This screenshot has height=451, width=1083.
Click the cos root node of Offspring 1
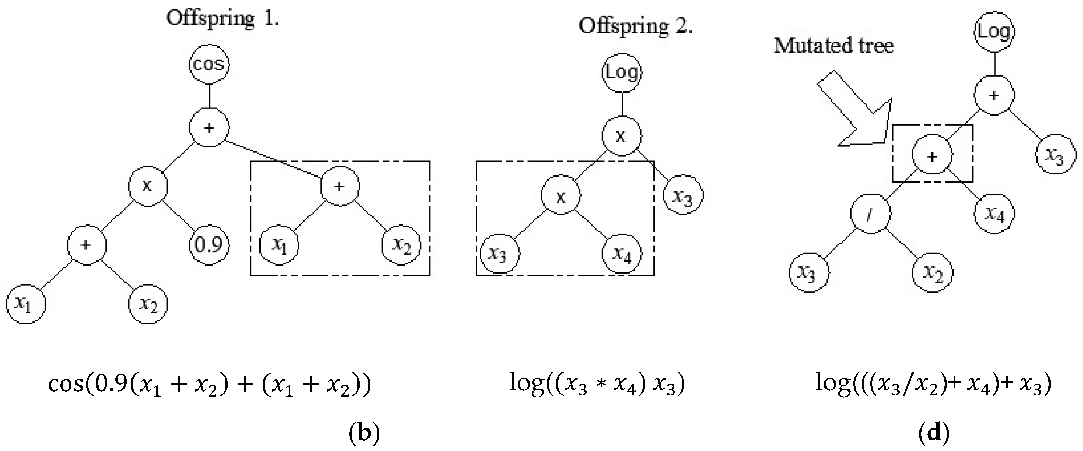point(209,65)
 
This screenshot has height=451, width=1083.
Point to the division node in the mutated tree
point(870,214)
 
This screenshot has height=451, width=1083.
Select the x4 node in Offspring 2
point(622,254)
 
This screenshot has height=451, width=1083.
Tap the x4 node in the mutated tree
point(994,214)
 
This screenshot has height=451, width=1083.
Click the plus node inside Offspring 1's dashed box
point(340,186)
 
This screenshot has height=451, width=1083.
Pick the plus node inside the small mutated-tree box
point(932,156)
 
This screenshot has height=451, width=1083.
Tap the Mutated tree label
point(834,46)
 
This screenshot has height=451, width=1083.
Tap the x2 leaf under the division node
point(932,273)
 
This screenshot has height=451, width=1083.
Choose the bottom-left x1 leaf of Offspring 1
point(26,304)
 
